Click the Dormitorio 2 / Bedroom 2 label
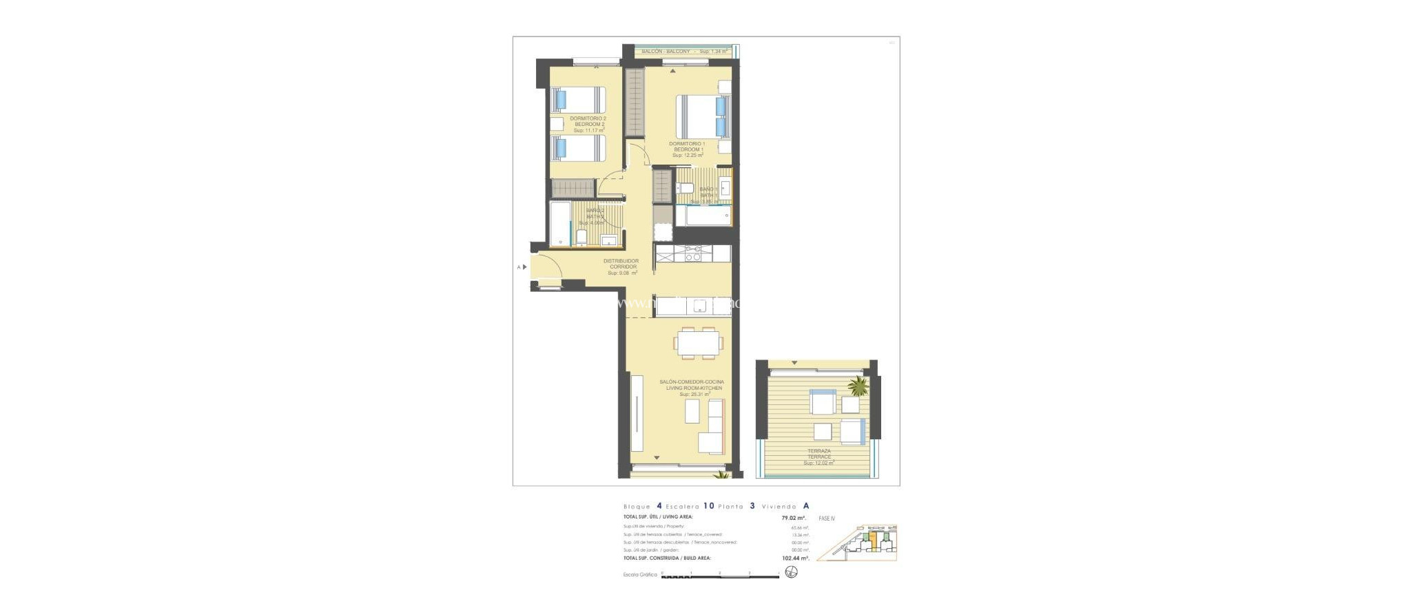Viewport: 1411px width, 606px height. [x=588, y=124]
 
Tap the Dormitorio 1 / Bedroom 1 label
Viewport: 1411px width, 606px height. [x=687, y=149]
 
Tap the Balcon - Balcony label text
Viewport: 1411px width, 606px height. [x=666, y=52]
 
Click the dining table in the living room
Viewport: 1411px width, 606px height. [x=699, y=342]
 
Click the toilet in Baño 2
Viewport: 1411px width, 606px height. [x=581, y=238]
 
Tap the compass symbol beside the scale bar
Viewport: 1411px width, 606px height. [x=792, y=572]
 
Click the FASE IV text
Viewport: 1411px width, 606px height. [x=827, y=518]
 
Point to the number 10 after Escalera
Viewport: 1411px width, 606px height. [x=708, y=506]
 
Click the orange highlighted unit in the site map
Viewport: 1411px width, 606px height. [x=874, y=541]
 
